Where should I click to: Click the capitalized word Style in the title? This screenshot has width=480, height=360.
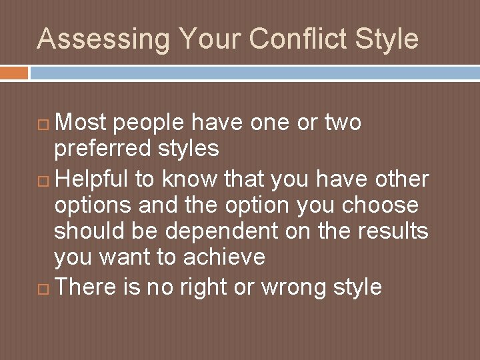(387, 39)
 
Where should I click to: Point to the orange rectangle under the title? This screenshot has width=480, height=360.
(14, 72)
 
